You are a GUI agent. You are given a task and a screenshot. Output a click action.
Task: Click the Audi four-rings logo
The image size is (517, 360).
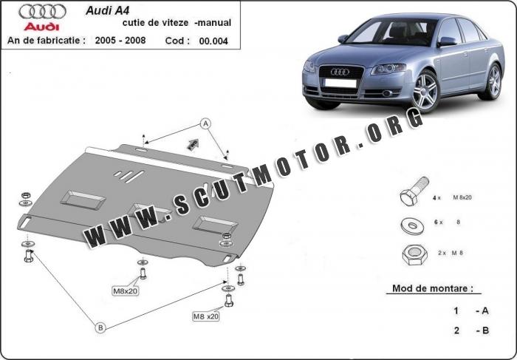pos(42,11)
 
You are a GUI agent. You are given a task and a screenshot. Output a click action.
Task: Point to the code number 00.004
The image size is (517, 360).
pos(213,41)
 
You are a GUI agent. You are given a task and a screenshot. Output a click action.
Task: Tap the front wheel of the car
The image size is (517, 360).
pos(425,92)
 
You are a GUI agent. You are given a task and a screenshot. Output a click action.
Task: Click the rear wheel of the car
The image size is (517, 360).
pos(491,81)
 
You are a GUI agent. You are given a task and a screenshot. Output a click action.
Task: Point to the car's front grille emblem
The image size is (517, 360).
pos(340,72)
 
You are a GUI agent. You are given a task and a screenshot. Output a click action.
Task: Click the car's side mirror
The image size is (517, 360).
pos(446,42)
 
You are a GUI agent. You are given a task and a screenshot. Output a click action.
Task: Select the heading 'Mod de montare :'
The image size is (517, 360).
pos(433,288)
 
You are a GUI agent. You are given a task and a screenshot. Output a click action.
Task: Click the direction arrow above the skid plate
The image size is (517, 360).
pos(194,143)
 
